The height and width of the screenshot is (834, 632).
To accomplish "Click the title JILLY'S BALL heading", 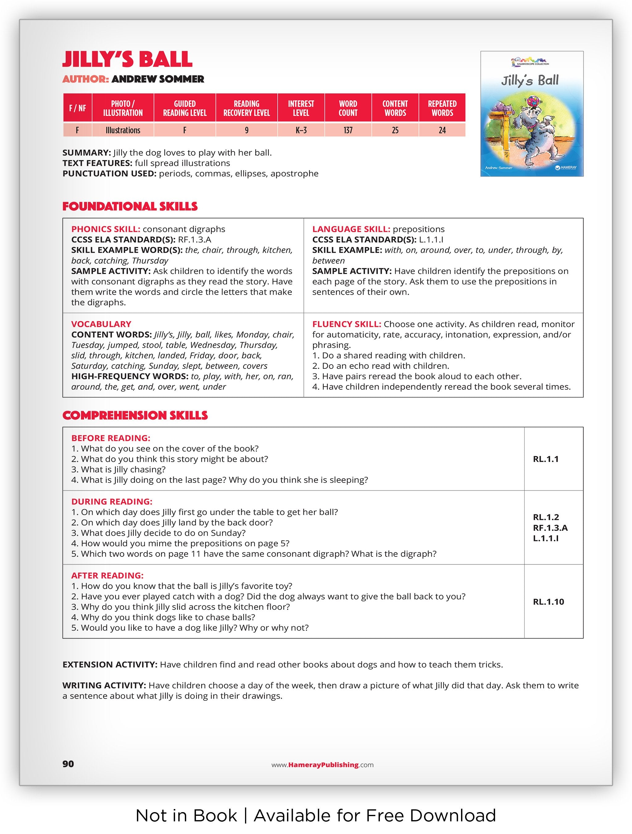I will point(127,59).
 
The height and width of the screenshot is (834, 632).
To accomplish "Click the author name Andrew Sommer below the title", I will point(158,79).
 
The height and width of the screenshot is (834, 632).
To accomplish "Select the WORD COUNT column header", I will point(347,108).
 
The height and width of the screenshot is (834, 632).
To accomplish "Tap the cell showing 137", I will point(347,130).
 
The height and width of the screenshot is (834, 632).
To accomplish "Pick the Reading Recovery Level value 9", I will point(246,130).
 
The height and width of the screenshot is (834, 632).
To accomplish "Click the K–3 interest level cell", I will point(301,130).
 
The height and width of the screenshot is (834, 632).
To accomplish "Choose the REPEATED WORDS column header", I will point(442,108).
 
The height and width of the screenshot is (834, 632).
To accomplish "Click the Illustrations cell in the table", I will point(123,130).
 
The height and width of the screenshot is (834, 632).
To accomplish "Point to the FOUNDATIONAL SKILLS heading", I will point(130,207).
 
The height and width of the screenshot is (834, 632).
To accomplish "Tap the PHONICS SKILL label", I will point(106,229).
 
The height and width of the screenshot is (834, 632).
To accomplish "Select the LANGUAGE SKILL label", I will point(351,229).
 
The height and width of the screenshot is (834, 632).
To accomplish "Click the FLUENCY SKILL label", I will point(346,324).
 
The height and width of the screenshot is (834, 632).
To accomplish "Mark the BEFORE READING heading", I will point(110,438).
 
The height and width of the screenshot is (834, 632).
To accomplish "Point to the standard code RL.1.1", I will point(546,459).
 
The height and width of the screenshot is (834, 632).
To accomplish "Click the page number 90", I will point(68,764).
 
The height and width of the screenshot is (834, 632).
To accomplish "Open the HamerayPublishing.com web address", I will point(322,765).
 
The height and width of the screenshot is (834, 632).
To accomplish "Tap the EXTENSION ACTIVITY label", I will point(110,665).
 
